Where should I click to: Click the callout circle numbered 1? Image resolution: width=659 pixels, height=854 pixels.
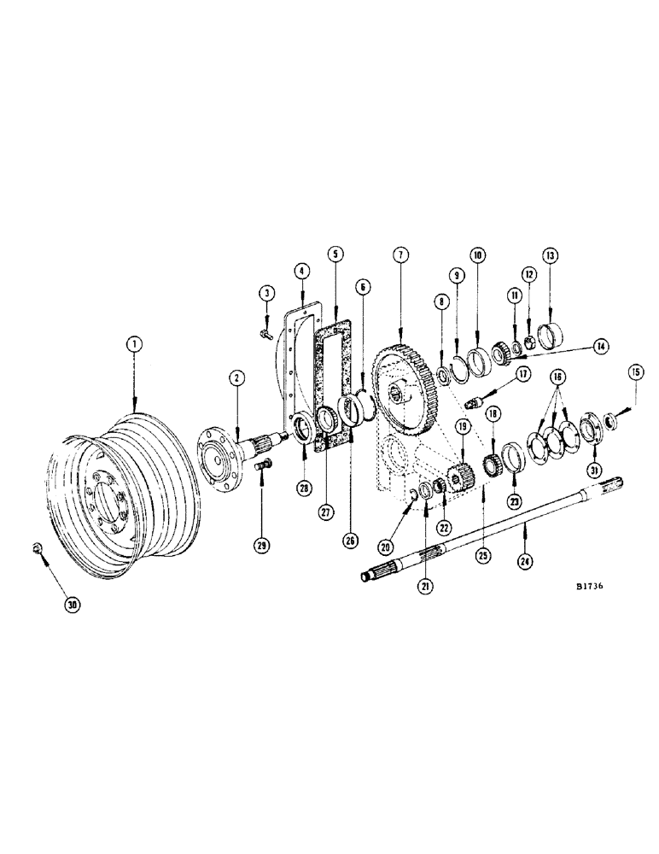click(x=133, y=344)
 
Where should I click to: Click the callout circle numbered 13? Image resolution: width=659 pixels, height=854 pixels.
click(x=550, y=255)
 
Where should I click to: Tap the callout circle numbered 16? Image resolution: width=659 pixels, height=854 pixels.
click(x=557, y=376)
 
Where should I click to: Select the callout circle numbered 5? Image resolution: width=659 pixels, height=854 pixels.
click(x=335, y=254)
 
